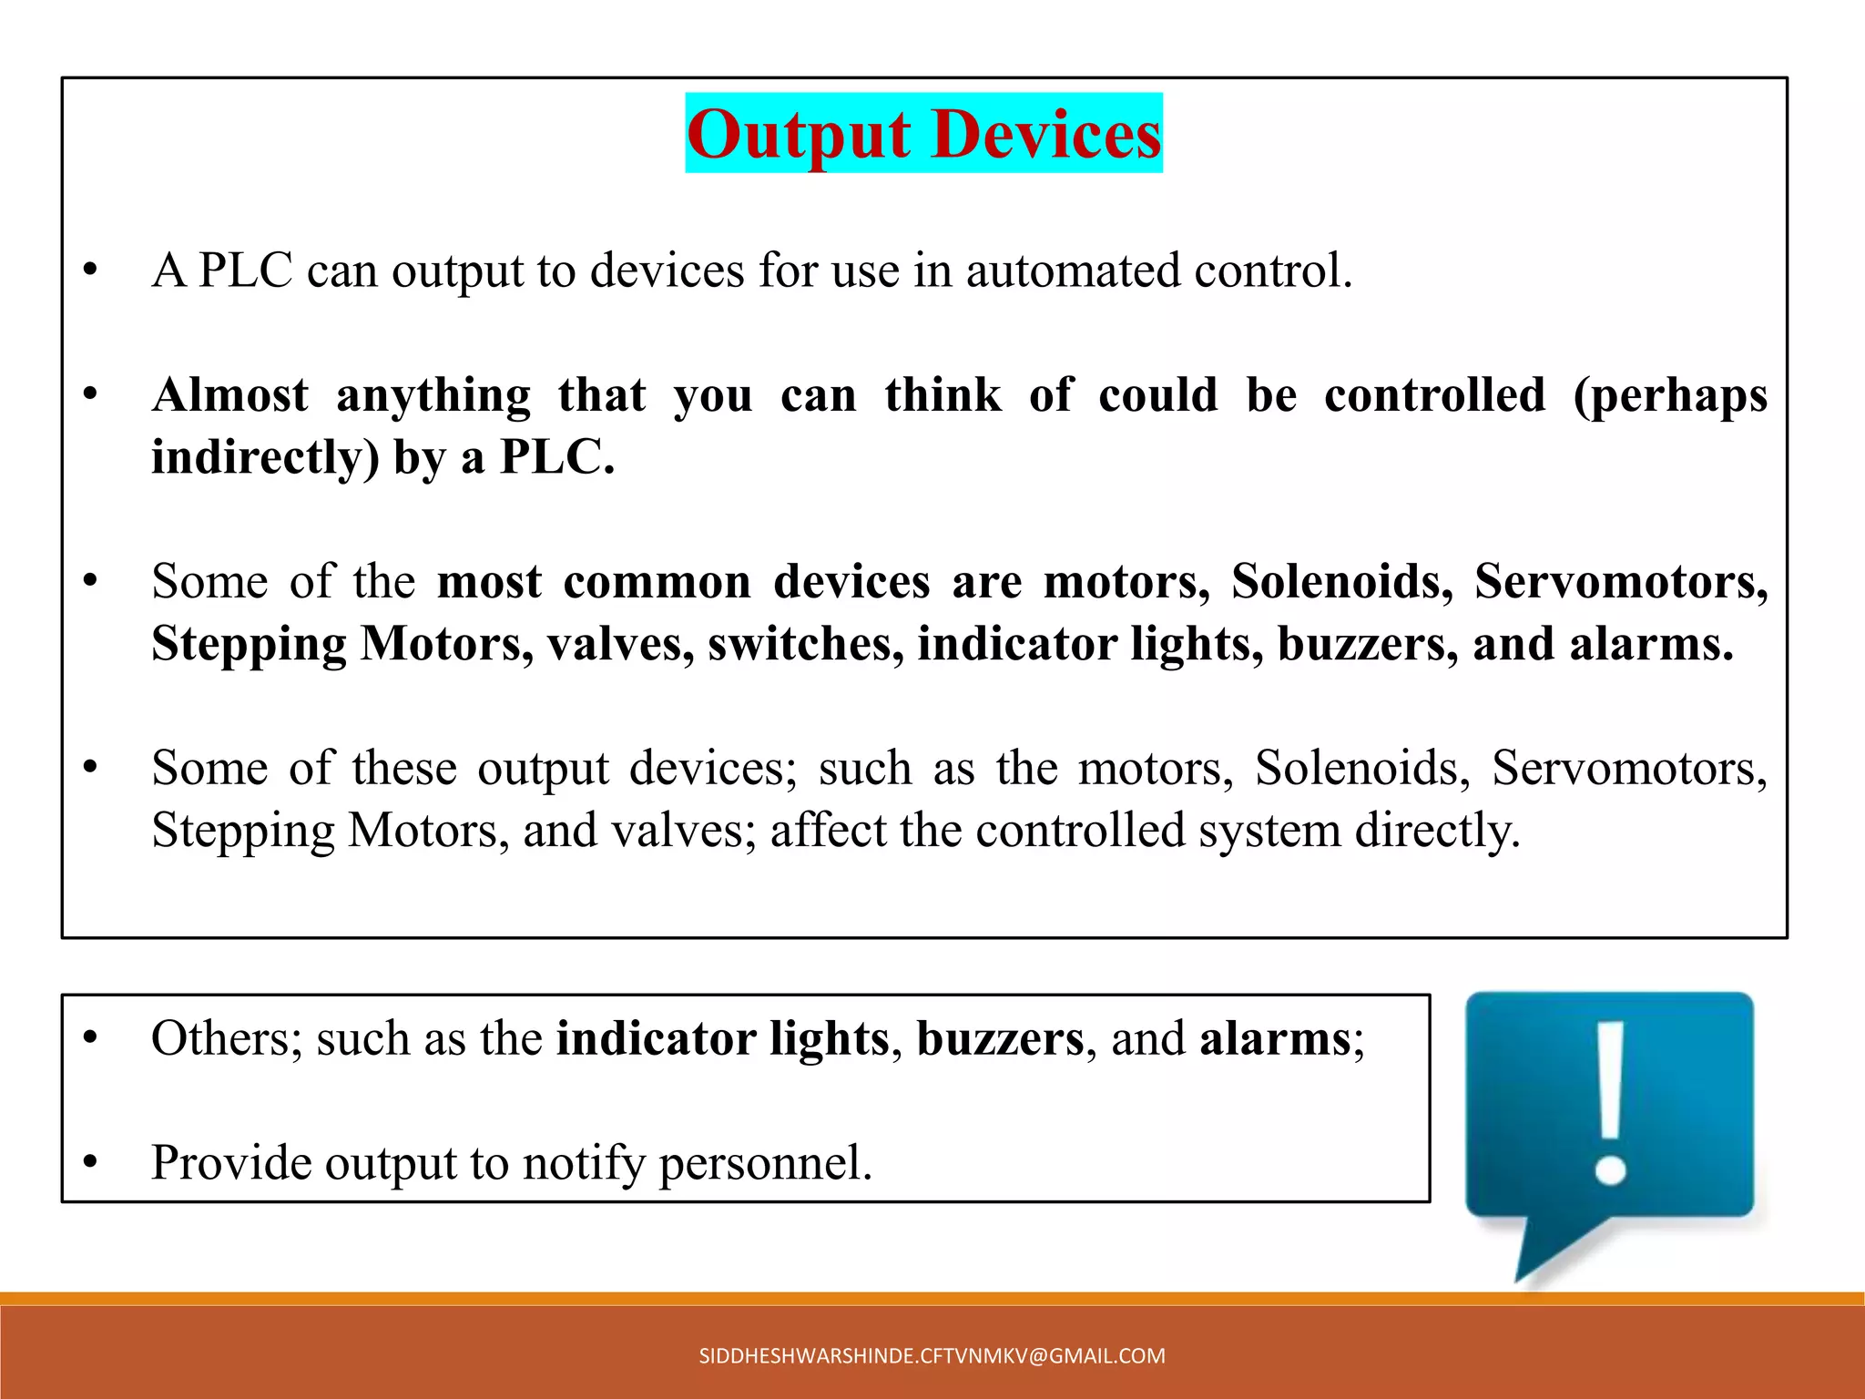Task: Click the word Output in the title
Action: tap(799, 135)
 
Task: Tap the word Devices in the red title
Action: tap(1047, 135)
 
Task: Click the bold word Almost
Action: tap(230, 395)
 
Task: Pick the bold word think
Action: tap(943, 395)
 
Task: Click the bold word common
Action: tap(657, 581)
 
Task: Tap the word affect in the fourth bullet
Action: tap(828, 830)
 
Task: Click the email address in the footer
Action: tap(932, 1356)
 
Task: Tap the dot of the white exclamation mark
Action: tap(1610, 1169)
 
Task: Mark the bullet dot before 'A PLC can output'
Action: tap(89, 271)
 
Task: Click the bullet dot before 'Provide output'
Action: tap(89, 1163)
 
